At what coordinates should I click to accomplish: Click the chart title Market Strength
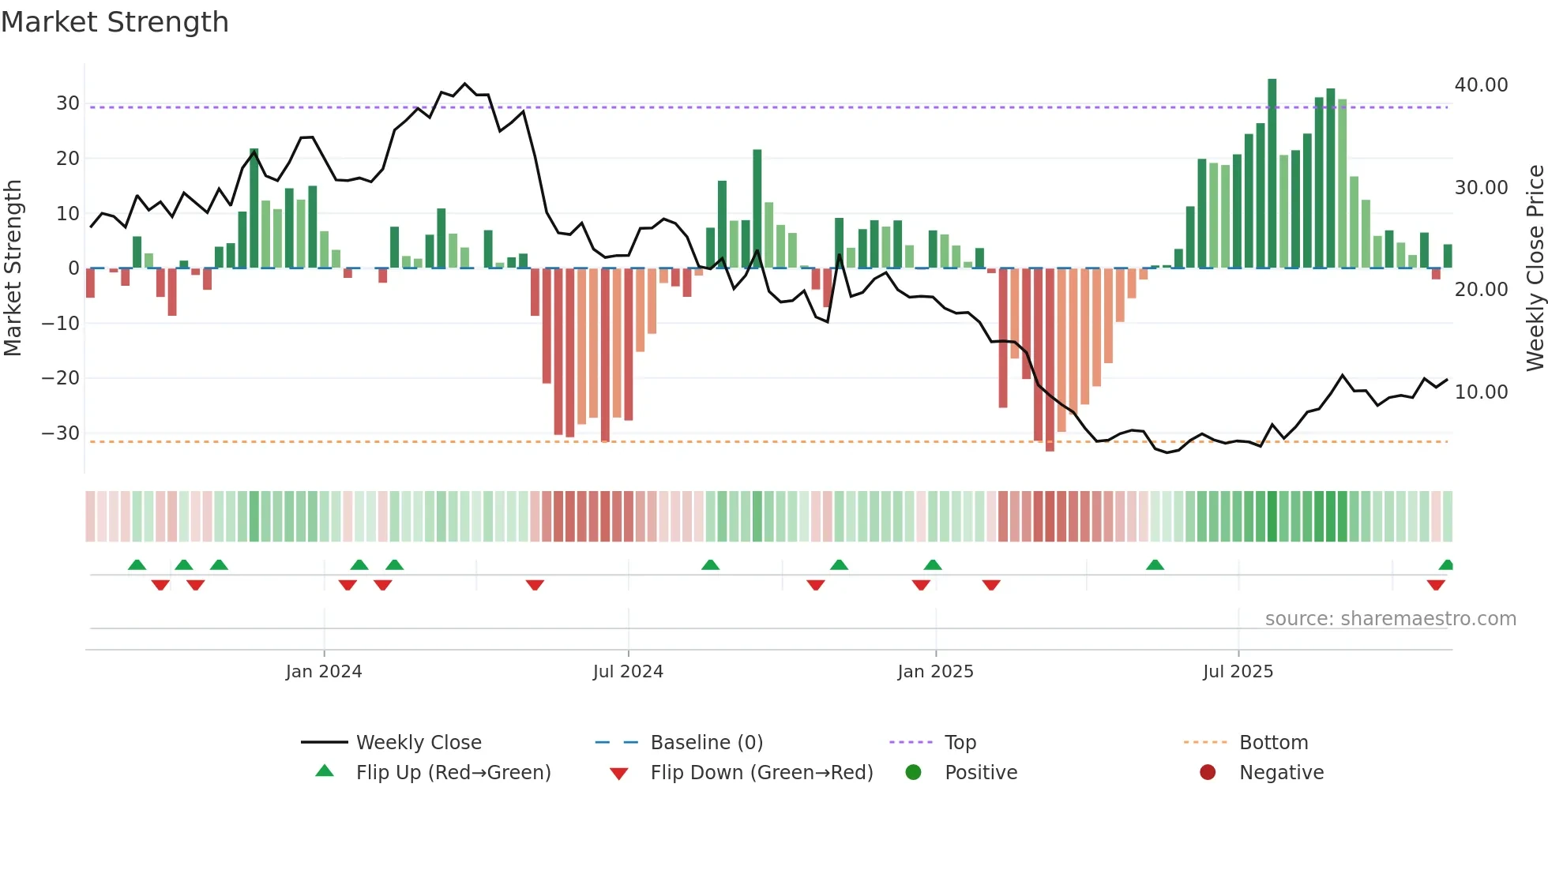pyautogui.click(x=115, y=22)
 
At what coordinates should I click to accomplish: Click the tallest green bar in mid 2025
pyautogui.click(x=1272, y=173)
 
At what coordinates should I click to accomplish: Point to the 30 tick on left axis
pyautogui.click(x=67, y=103)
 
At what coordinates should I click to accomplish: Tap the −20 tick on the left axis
pyautogui.click(x=61, y=378)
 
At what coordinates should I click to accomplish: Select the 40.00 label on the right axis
pyautogui.click(x=1481, y=85)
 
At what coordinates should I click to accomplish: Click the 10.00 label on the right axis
pyautogui.click(x=1481, y=392)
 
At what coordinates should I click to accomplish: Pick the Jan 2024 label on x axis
pyautogui.click(x=324, y=672)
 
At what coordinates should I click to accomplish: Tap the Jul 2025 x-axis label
pyautogui.click(x=1238, y=672)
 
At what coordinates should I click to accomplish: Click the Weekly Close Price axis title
pyautogui.click(x=1535, y=268)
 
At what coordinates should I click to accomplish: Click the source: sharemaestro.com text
pyautogui.click(x=1390, y=619)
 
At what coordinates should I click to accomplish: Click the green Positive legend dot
pyautogui.click(x=914, y=773)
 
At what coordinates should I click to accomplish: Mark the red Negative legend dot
pyautogui.click(x=1208, y=773)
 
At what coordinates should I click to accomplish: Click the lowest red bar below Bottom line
pyautogui.click(x=1050, y=359)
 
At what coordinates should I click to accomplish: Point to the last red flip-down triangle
pyautogui.click(x=1436, y=585)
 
